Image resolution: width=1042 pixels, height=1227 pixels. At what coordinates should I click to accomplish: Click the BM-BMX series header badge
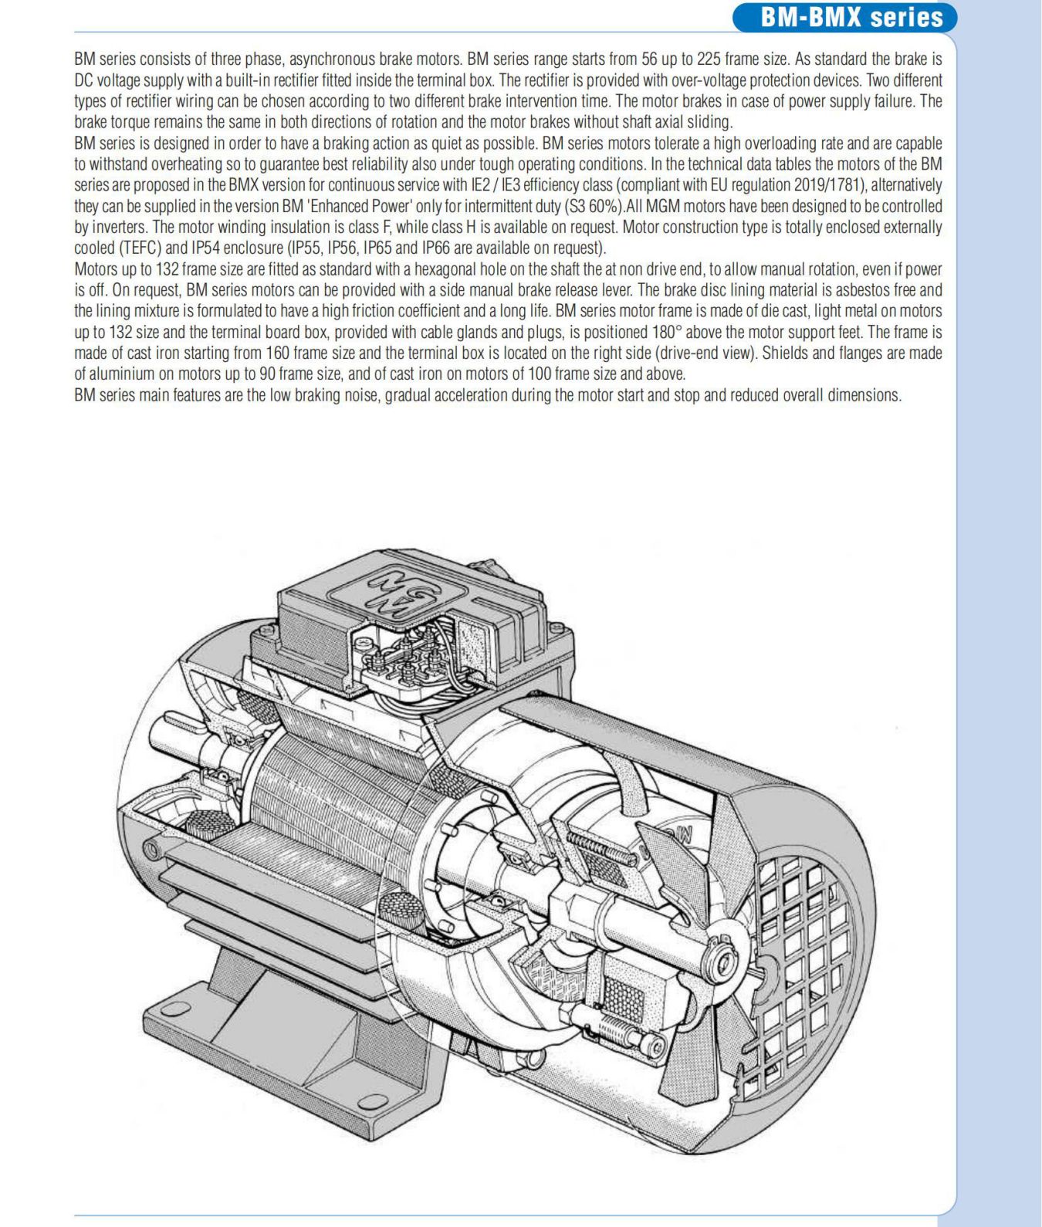(844, 17)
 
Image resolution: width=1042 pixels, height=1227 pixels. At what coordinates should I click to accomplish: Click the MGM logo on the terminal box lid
(397, 593)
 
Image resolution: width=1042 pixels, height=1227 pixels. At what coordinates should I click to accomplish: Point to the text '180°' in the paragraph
(665, 332)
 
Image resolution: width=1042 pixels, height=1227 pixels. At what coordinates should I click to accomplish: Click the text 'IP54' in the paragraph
(205, 248)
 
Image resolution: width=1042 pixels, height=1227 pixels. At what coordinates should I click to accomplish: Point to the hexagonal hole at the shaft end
(723, 965)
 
